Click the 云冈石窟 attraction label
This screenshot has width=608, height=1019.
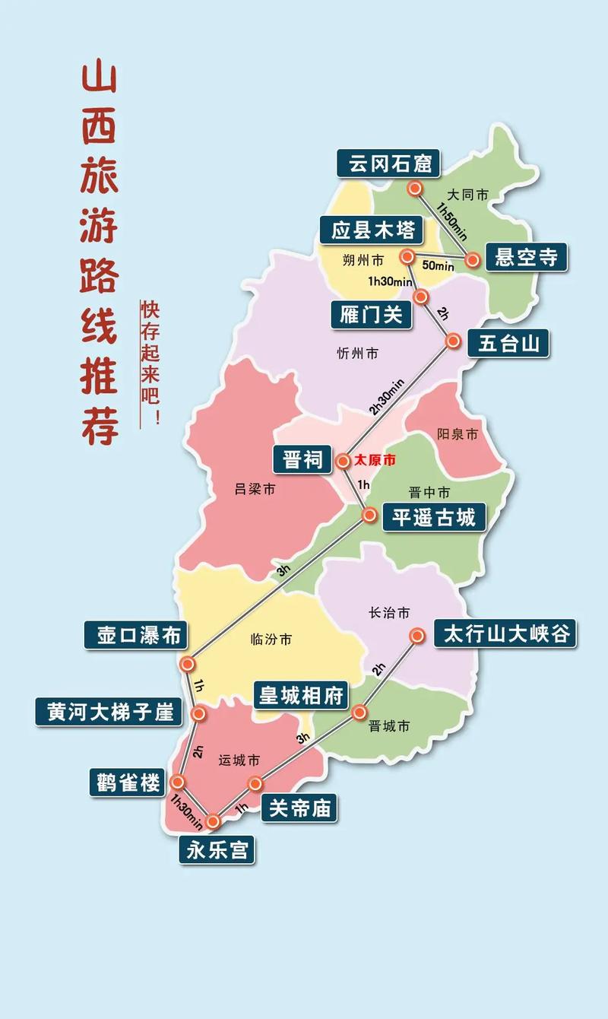pyautogui.click(x=390, y=163)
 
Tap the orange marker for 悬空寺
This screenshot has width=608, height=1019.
pyautogui.click(x=473, y=260)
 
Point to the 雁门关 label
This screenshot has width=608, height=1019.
pyautogui.click(x=372, y=314)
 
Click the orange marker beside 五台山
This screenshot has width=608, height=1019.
pyautogui.click(x=453, y=341)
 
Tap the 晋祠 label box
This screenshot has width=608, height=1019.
pyautogui.click(x=302, y=459)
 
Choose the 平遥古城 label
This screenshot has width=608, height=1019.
pyautogui.click(x=434, y=517)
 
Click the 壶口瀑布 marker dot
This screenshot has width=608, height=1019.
pyautogui.click(x=188, y=664)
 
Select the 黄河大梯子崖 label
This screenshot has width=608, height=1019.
pyautogui.click(x=109, y=712)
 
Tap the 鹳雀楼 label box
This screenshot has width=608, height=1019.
pyautogui.click(x=129, y=782)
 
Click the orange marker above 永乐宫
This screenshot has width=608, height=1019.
pyautogui.click(x=214, y=821)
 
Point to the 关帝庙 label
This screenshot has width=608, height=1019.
pyautogui.click(x=300, y=808)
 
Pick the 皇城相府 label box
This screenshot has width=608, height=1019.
pyautogui.click(x=301, y=694)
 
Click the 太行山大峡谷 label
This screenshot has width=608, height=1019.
pyautogui.click(x=505, y=633)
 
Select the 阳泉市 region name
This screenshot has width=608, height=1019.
pyautogui.click(x=458, y=434)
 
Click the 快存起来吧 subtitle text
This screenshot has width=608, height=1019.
pyautogui.click(x=150, y=363)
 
